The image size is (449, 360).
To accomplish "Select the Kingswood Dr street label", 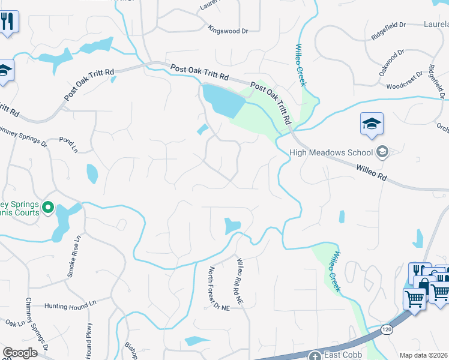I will [228, 29].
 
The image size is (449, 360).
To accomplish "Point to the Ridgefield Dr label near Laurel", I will [388, 31].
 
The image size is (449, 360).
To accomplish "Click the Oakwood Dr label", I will [392, 62].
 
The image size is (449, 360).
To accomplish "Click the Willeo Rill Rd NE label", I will [238, 281].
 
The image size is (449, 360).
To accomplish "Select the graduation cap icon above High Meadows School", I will [372, 124].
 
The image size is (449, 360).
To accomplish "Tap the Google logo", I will [20, 353].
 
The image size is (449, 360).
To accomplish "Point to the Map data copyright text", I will [424, 355].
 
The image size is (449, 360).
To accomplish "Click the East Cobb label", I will [343, 355].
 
